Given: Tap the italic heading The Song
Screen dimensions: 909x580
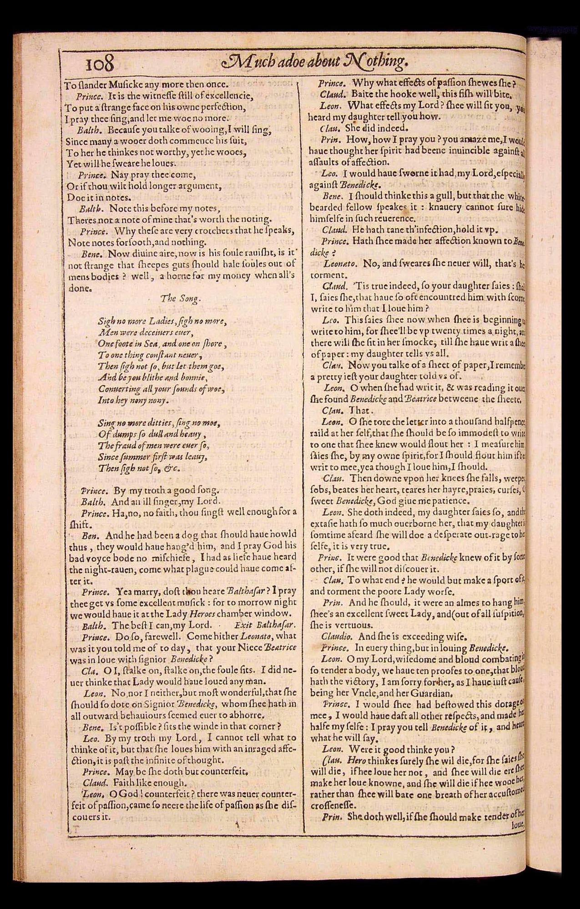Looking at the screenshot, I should [181, 298].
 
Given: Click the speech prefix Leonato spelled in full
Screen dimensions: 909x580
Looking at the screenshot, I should [340, 264].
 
